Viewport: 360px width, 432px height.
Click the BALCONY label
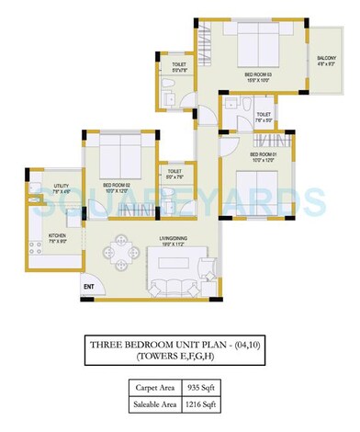point(326,61)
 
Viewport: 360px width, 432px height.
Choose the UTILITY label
point(35,188)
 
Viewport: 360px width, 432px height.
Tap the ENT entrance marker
point(89,288)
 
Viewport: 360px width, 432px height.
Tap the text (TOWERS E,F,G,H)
point(180,356)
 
